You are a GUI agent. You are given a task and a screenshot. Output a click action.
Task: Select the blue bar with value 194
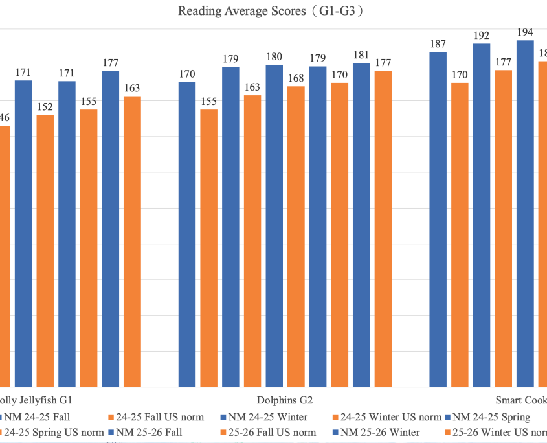point(524,214)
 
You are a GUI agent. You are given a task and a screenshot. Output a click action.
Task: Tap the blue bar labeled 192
point(481,215)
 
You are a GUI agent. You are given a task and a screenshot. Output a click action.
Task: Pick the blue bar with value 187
point(438,220)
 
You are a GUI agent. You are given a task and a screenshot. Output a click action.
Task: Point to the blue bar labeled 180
point(274,226)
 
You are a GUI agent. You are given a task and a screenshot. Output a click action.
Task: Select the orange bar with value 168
point(296,236)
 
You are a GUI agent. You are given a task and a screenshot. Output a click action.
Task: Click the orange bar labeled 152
point(45,251)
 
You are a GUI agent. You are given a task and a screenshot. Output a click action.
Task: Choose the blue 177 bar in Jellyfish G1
point(110,229)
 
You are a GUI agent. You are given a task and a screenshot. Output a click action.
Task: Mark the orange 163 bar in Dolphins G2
point(252,241)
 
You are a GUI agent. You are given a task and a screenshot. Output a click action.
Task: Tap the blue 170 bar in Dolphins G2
point(187,234)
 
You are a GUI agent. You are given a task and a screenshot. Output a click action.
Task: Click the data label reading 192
point(481,36)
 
